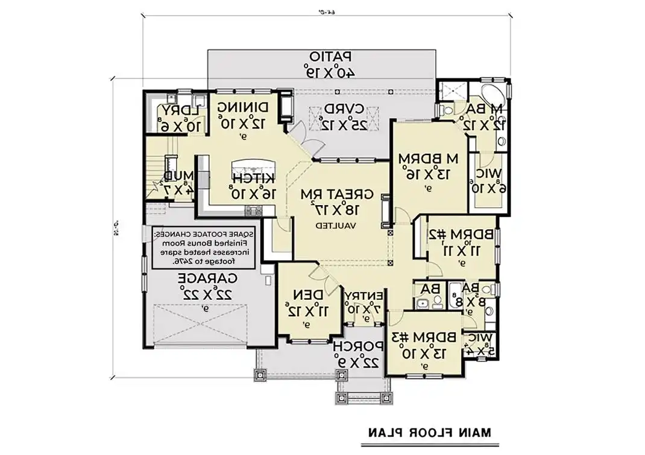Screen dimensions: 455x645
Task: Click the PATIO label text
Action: pos(331,56)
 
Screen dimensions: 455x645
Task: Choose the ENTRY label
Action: pos(364,294)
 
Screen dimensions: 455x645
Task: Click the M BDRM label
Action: pos(429,158)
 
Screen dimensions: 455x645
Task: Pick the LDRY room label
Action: pos(181,111)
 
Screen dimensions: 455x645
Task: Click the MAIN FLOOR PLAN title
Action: pos(430,432)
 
